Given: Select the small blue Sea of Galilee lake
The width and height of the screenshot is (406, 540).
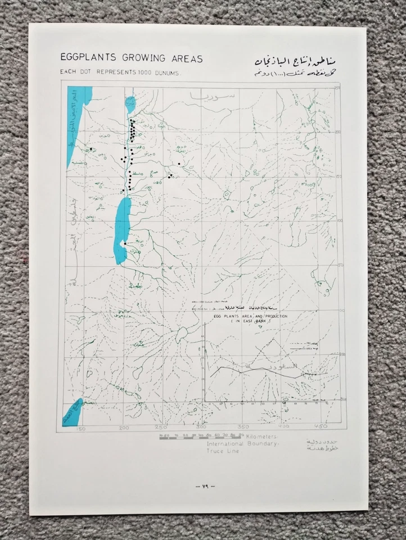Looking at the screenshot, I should (x=130, y=103).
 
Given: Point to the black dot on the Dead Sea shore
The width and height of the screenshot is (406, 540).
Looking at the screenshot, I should (x=124, y=243).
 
